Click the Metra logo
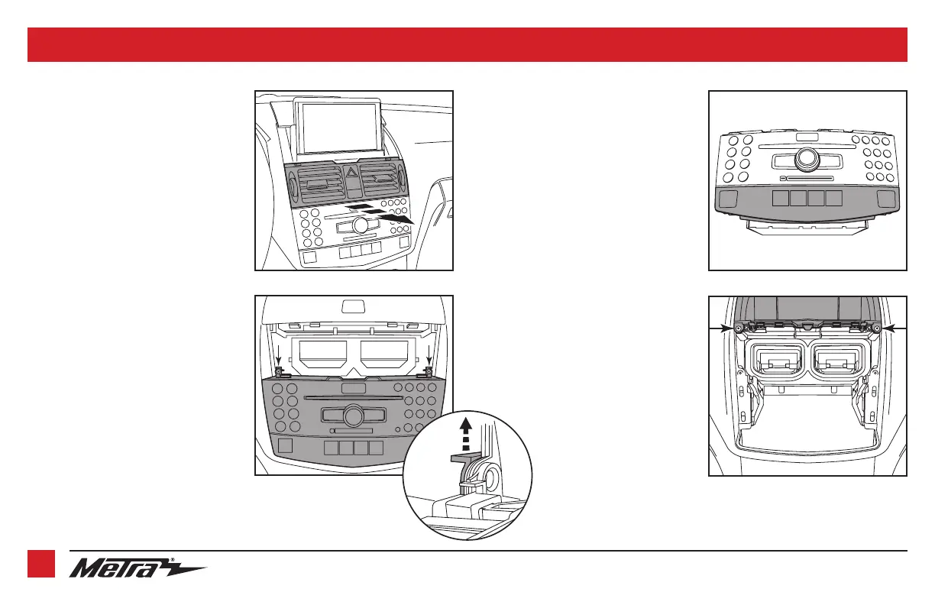click(137, 568)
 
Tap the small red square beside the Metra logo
click(41, 565)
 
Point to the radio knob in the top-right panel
click(807, 159)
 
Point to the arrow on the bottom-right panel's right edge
click(892, 328)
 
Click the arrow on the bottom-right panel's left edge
click(723, 328)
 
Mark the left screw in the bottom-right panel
click(739, 329)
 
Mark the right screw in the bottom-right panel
click(876, 329)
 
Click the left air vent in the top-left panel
click(318, 184)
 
